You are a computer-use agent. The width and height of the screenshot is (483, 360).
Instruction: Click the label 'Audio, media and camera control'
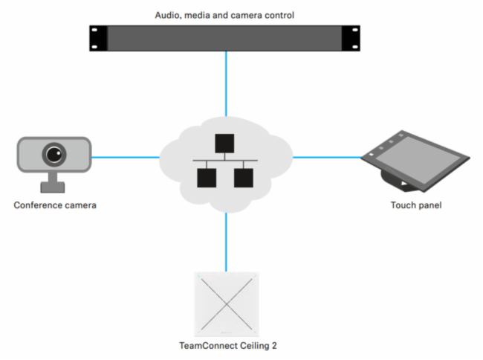pyautogui.click(x=225, y=14)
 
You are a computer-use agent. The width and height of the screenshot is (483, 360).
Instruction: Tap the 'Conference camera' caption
pyautogui.click(x=55, y=205)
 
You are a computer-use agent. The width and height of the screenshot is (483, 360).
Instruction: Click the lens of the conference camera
pyautogui.click(x=54, y=154)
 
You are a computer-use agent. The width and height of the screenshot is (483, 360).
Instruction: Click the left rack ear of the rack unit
pyautogui.click(x=98, y=38)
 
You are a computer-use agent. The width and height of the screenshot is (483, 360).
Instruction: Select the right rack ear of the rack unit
pyautogui.click(x=351, y=38)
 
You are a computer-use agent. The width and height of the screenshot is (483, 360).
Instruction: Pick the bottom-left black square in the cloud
pyautogui.click(x=207, y=178)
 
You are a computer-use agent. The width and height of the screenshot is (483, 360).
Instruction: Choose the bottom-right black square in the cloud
pyautogui.click(x=243, y=178)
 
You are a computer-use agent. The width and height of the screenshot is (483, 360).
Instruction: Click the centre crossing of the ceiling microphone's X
pyautogui.click(x=226, y=303)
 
